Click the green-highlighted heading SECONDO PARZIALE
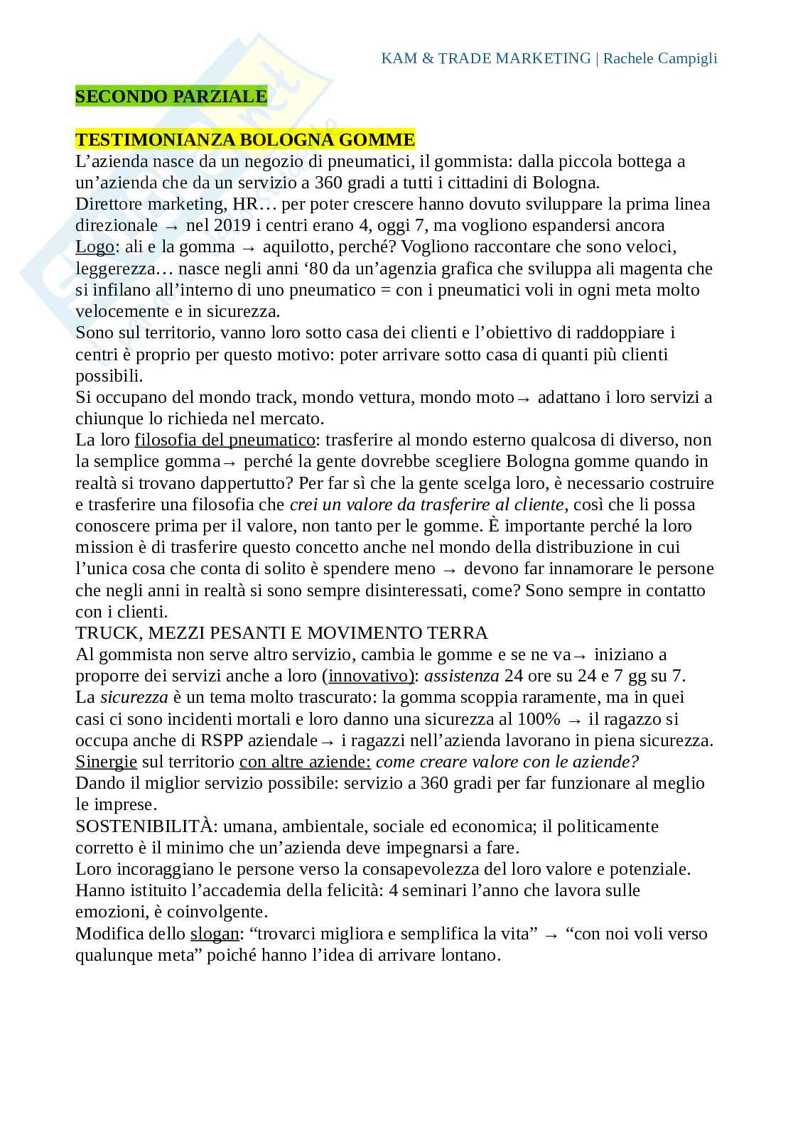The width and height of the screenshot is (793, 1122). click(171, 97)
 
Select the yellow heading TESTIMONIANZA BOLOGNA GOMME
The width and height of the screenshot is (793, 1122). click(245, 139)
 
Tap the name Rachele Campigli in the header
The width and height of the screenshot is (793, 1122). click(660, 58)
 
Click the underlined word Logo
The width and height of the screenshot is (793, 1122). click(95, 247)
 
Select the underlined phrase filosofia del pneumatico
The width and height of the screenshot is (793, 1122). click(225, 440)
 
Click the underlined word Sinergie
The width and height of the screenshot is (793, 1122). click(106, 762)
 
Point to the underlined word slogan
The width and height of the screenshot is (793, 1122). click(215, 934)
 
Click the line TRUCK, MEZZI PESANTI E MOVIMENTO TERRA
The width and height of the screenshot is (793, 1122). click(281, 633)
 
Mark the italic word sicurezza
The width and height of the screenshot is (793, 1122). click(134, 698)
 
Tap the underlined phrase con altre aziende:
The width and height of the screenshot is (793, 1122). click(305, 762)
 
